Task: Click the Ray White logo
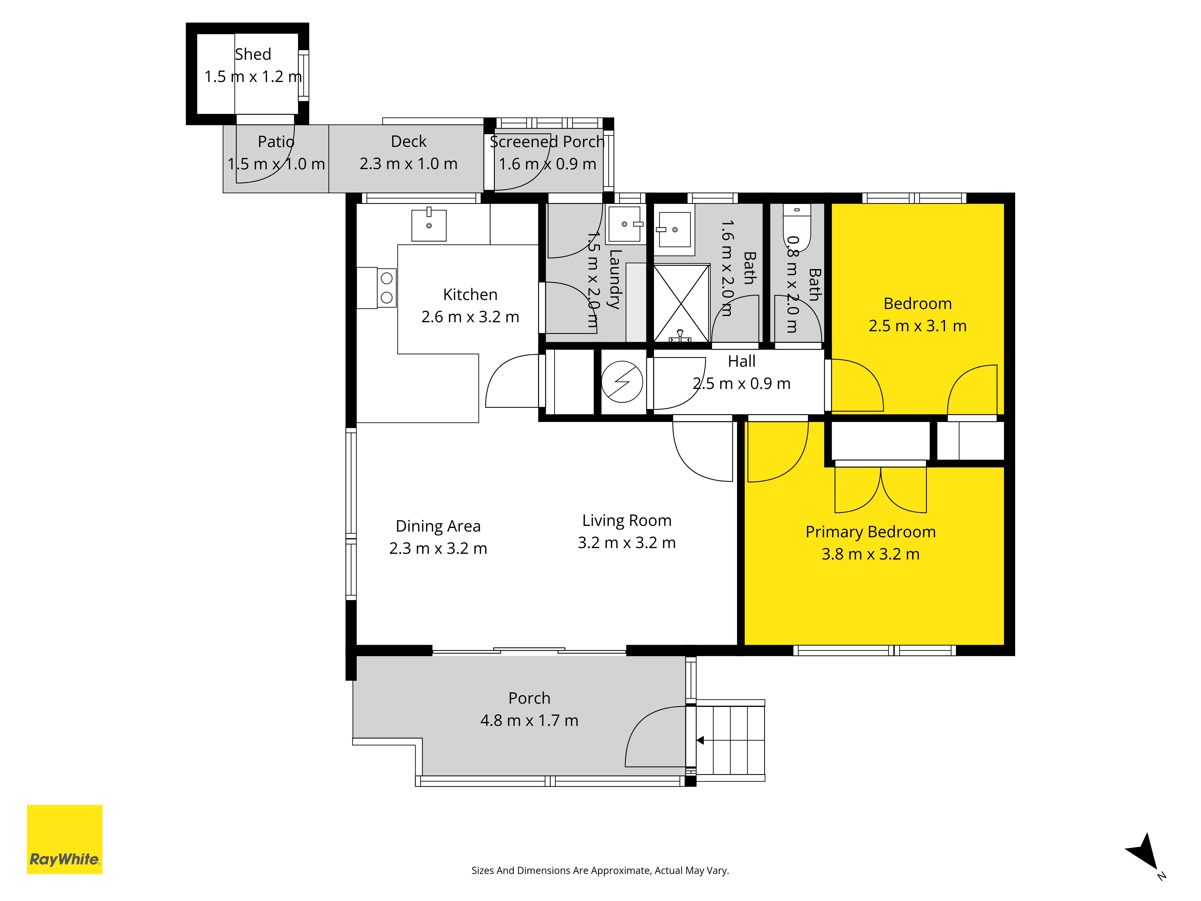pos(65,839)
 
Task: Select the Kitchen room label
pos(470,294)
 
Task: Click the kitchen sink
pos(429,224)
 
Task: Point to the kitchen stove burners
pos(387,288)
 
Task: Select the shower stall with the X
pos(681,303)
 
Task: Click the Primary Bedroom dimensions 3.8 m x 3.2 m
pos(870,554)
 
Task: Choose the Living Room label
pos(627,520)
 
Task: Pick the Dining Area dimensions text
pos(438,548)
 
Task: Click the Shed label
pos(253,54)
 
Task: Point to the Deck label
pos(409,141)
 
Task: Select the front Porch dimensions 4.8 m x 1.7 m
pos(529,720)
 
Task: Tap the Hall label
pos(742,361)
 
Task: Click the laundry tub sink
pos(625,224)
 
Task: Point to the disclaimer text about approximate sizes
pos(600,871)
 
